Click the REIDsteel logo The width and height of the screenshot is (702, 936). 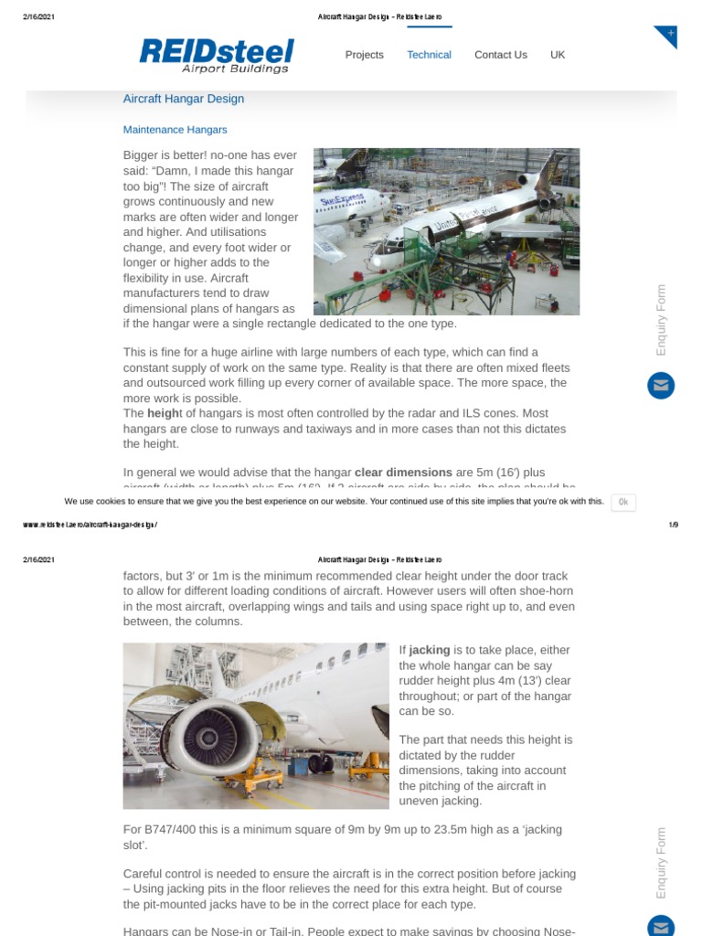(216, 54)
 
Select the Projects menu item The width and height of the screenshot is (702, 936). (364, 55)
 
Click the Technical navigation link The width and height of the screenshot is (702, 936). (429, 55)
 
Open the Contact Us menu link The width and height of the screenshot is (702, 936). (500, 55)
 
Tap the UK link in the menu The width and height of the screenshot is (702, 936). (558, 55)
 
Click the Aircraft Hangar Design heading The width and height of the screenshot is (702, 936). (183, 99)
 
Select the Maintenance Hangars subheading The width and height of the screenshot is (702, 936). (175, 130)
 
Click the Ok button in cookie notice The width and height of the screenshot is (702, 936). (622, 502)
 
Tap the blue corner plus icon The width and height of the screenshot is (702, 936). (668, 35)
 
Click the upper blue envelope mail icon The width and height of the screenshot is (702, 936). (660, 386)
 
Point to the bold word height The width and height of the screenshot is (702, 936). (165, 413)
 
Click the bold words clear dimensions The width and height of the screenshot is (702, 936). (403, 473)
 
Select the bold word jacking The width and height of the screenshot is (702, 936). (429, 650)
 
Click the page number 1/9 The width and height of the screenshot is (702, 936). (673, 525)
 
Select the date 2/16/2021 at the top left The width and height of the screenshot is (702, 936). (38, 17)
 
